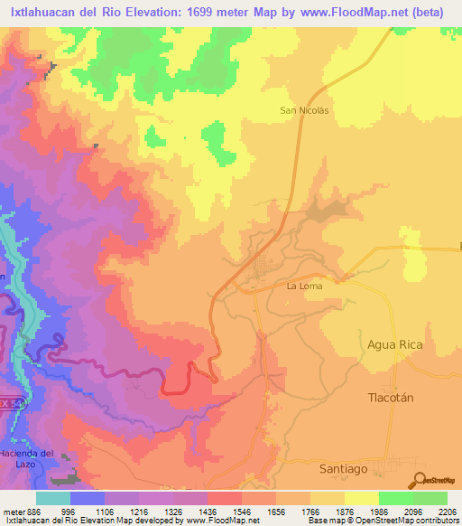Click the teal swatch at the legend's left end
coord(53,498)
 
